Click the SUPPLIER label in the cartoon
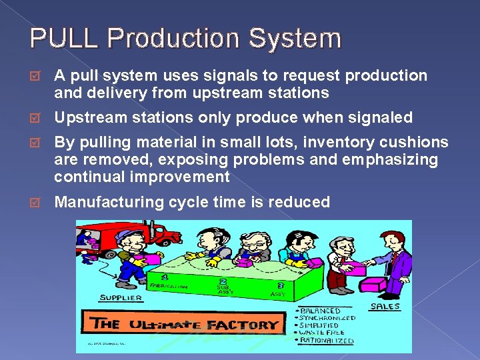(121, 297)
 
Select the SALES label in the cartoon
(385, 306)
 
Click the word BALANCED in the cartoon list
(319, 310)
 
